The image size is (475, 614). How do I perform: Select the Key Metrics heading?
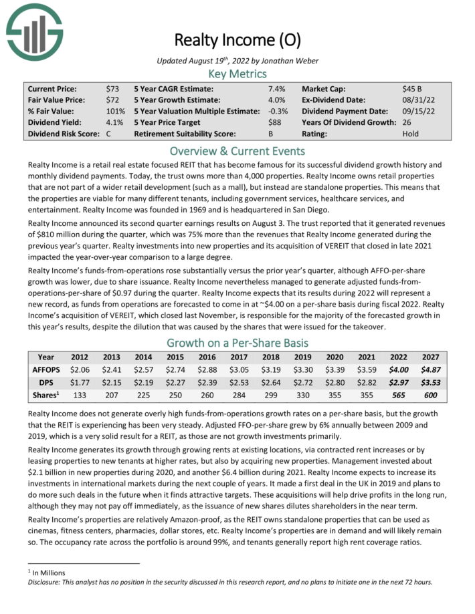(x=237, y=73)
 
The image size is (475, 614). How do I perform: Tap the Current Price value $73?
(x=113, y=88)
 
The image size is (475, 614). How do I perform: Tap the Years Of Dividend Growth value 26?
(x=407, y=122)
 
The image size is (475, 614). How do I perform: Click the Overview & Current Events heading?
(x=237, y=151)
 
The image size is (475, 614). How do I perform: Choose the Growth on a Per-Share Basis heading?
(x=237, y=344)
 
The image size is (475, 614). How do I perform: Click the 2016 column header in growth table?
(x=209, y=357)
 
